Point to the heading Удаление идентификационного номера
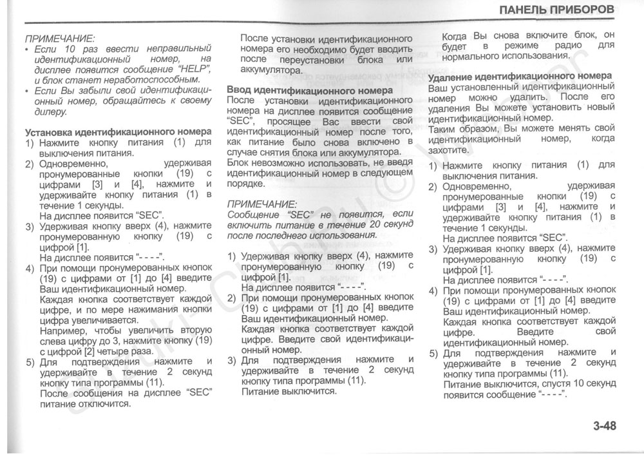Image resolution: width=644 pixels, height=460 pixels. coord(520,75)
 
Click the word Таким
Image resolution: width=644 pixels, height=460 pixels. coord(443,128)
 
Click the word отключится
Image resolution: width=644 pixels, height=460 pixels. coord(106,404)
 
